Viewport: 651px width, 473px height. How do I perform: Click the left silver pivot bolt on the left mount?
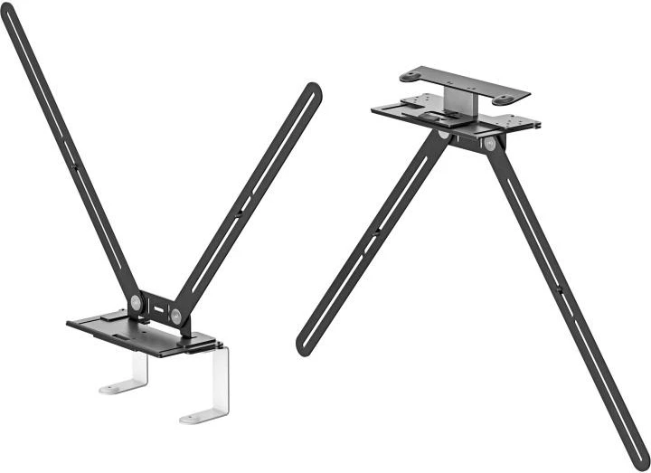tap(135, 303)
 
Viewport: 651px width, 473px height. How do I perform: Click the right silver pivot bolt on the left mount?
tap(175, 316)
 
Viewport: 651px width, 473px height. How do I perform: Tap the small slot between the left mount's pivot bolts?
tap(156, 309)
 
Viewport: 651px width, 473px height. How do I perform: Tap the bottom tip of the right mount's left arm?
tap(303, 346)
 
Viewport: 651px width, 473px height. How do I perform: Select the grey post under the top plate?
tap(458, 102)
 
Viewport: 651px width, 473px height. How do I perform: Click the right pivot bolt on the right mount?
tap(489, 143)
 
